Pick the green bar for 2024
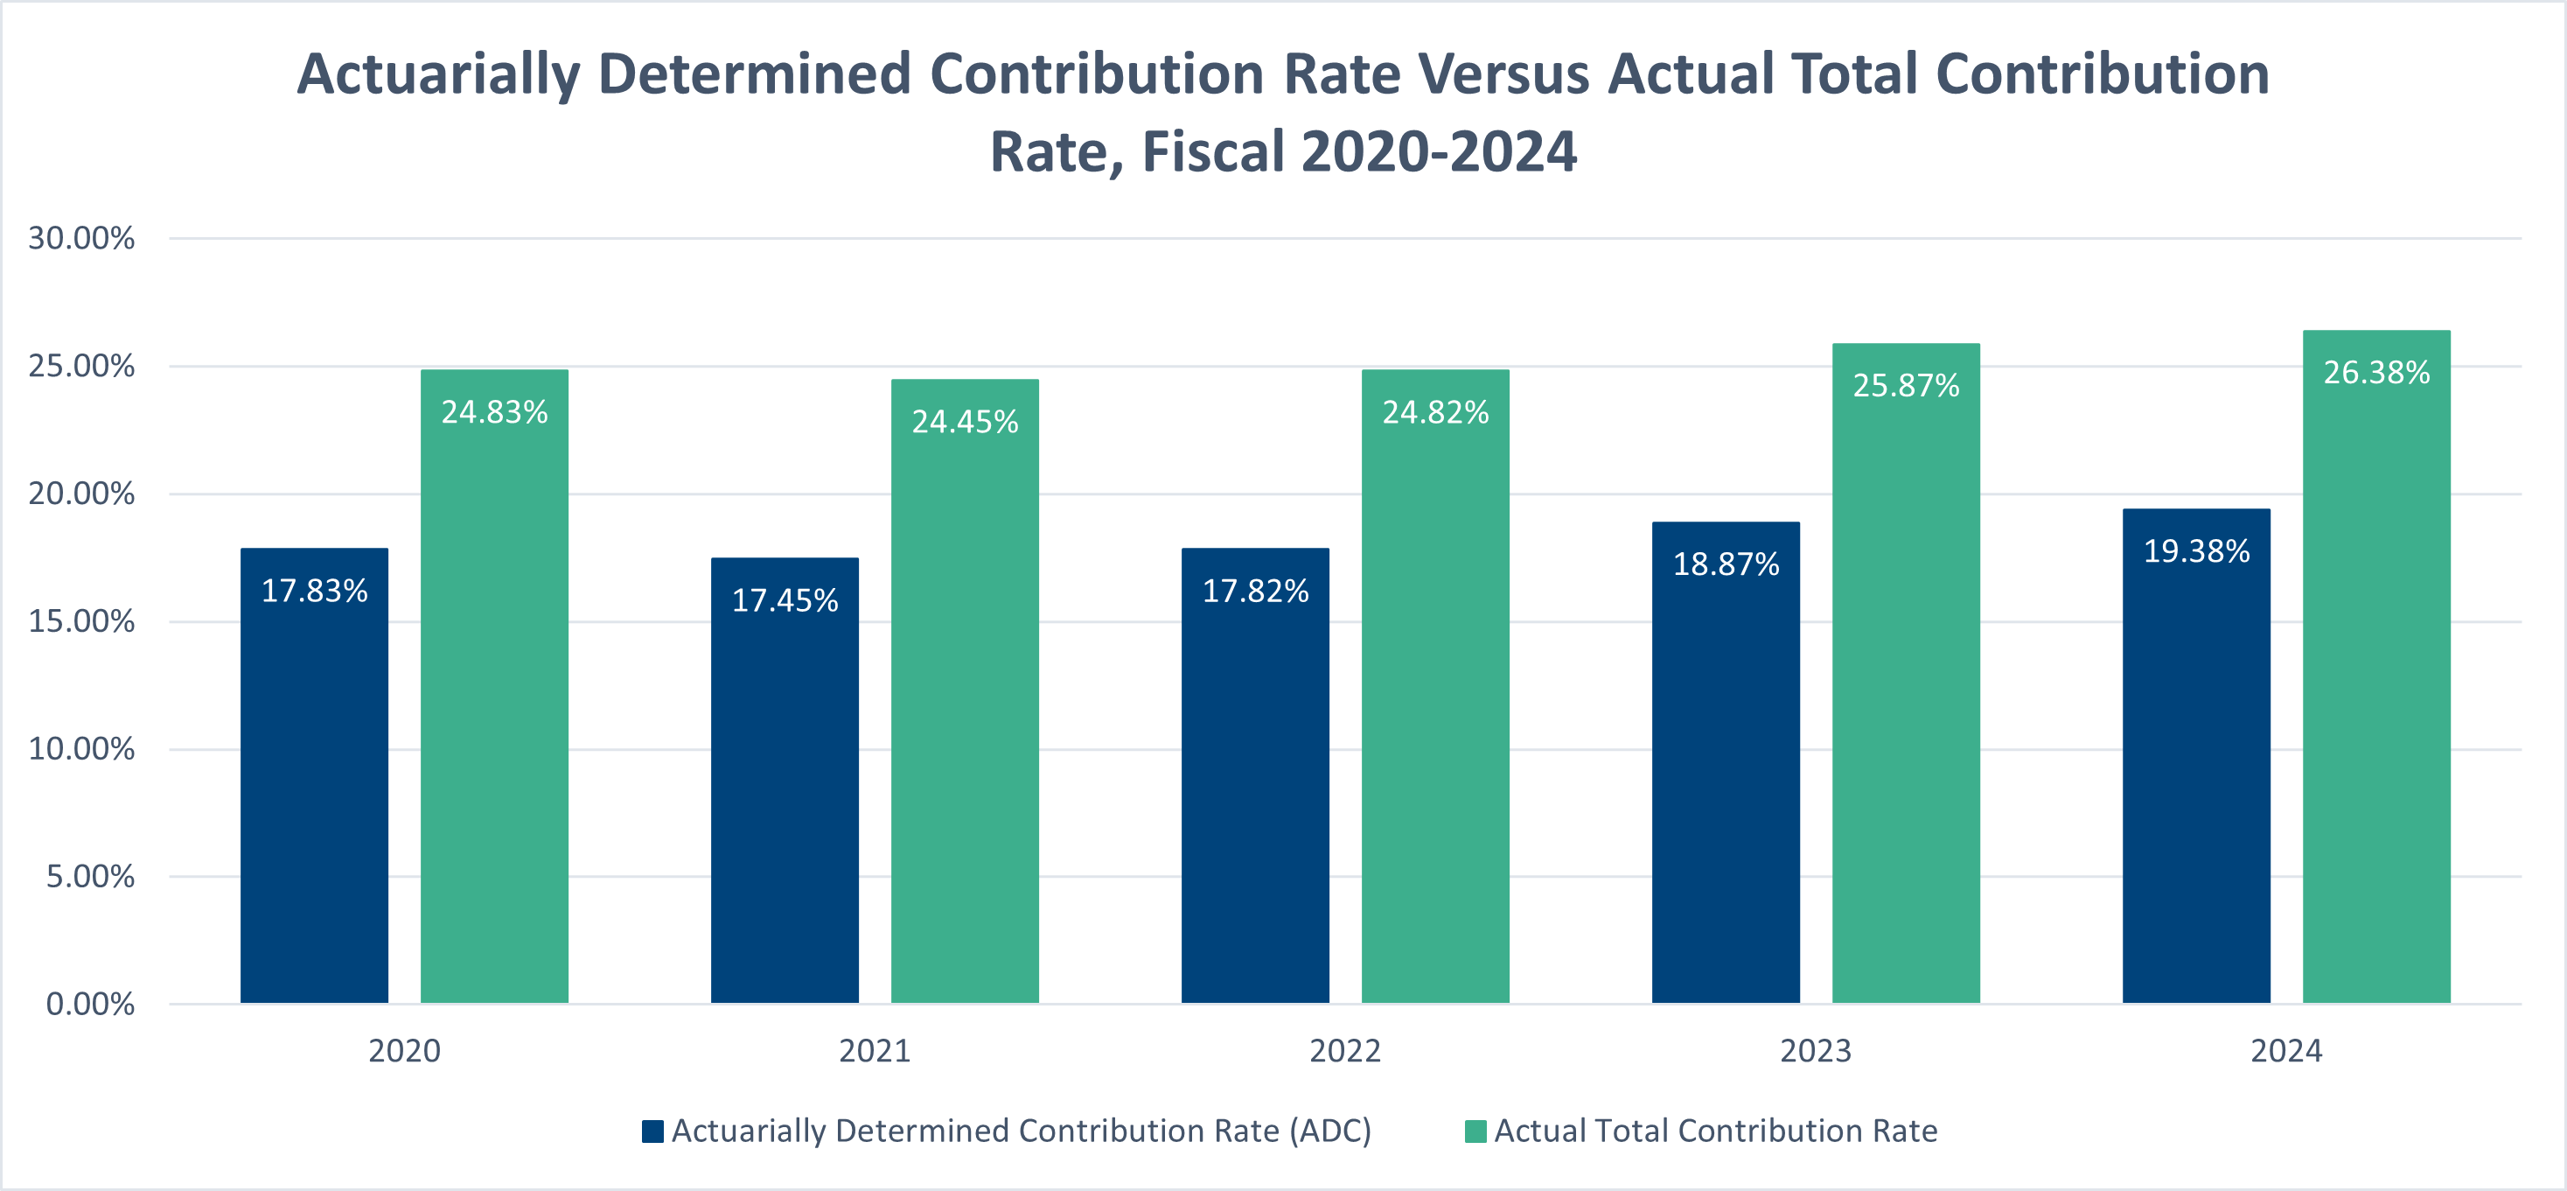click(2375, 697)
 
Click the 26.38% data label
click(2375, 373)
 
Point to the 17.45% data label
click(785, 600)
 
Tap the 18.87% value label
click(1726, 564)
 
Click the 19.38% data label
click(2196, 551)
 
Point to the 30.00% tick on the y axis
click(81, 238)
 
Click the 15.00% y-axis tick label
click(81, 622)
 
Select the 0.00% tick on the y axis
click(90, 1004)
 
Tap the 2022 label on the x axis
click(1344, 1050)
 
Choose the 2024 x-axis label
click(2286, 1050)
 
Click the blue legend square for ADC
click(652, 1131)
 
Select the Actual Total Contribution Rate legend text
click(1715, 1131)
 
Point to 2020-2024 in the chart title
click(1438, 152)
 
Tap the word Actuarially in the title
click(438, 74)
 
